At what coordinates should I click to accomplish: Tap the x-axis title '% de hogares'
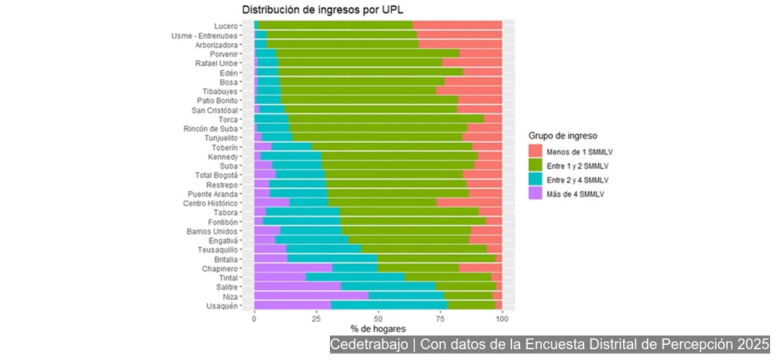tap(377, 329)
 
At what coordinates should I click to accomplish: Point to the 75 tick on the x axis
tap(440, 318)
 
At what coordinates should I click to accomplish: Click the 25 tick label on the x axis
tap(316, 318)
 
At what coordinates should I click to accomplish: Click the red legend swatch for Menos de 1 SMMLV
tap(535, 152)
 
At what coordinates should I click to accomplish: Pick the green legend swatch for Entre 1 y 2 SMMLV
tap(535, 166)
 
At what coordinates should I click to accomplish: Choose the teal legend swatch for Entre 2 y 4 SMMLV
tap(535, 179)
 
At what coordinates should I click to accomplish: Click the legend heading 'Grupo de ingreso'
tap(563, 135)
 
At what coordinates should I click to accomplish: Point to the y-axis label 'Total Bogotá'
tap(222, 174)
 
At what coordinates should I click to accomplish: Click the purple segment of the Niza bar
tap(310, 296)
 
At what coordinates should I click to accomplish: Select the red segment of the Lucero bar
tap(457, 25)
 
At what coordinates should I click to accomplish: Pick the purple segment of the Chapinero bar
tap(292, 268)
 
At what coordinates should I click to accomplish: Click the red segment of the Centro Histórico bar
tap(469, 202)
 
